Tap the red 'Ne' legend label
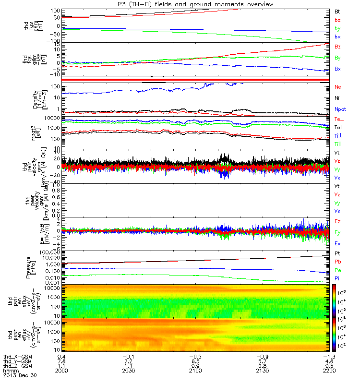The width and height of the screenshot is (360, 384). (337, 87)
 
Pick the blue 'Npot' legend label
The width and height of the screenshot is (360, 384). (340, 109)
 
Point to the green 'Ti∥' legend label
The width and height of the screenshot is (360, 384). (338, 144)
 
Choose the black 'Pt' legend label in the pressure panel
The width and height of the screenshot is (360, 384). (337, 253)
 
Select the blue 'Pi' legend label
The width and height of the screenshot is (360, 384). (337, 278)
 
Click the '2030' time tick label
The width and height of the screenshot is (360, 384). (129, 371)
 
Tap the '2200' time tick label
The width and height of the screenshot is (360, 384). (329, 371)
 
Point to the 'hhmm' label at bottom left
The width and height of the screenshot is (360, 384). (10, 371)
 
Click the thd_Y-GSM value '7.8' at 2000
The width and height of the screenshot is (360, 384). (62, 361)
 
